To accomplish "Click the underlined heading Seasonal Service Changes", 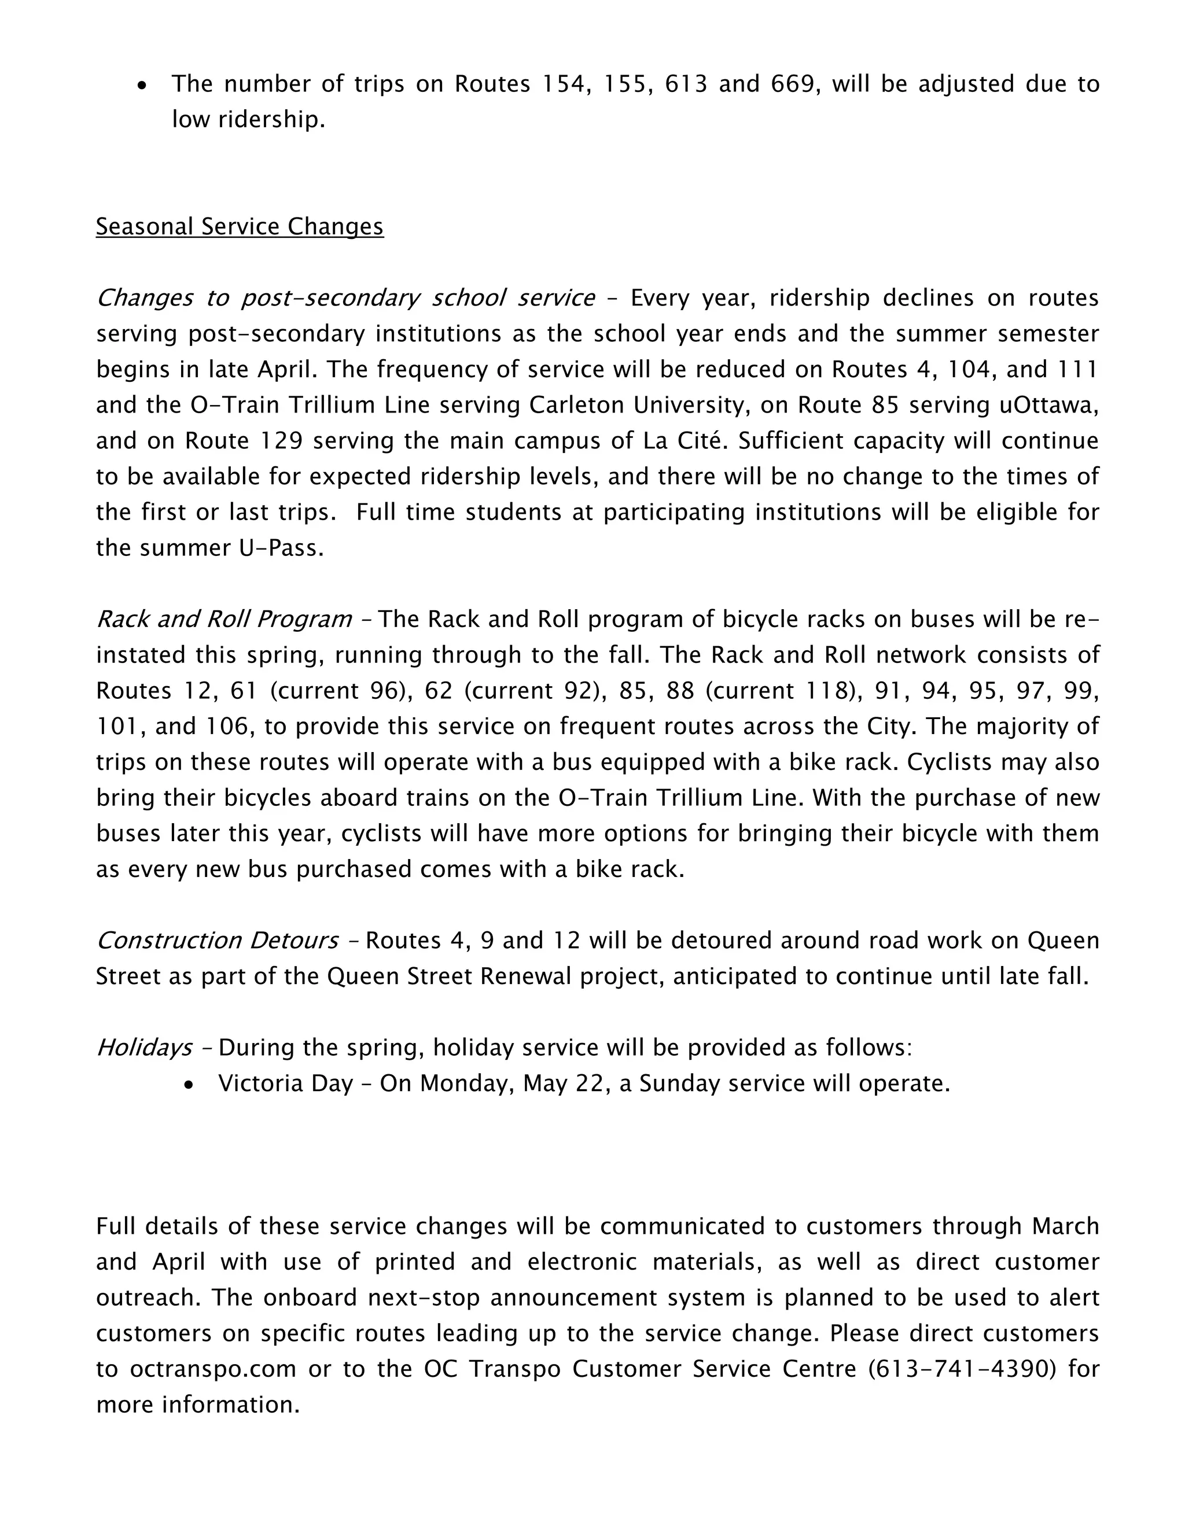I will pyautogui.click(x=240, y=227).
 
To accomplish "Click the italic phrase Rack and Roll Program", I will pyautogui.click(x=224, y=620).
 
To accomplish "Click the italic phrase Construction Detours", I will pyautogui.click(x=217, y=941).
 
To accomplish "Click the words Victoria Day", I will pyautogui.click(x=285, y=1084).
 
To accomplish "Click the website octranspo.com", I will pyautogui.click(x=213, y=1369).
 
